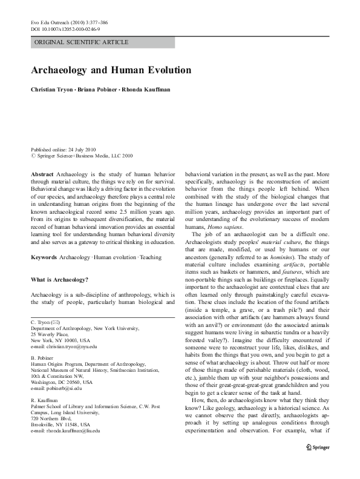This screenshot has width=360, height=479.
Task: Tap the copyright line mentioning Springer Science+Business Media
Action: coord(82,155)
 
